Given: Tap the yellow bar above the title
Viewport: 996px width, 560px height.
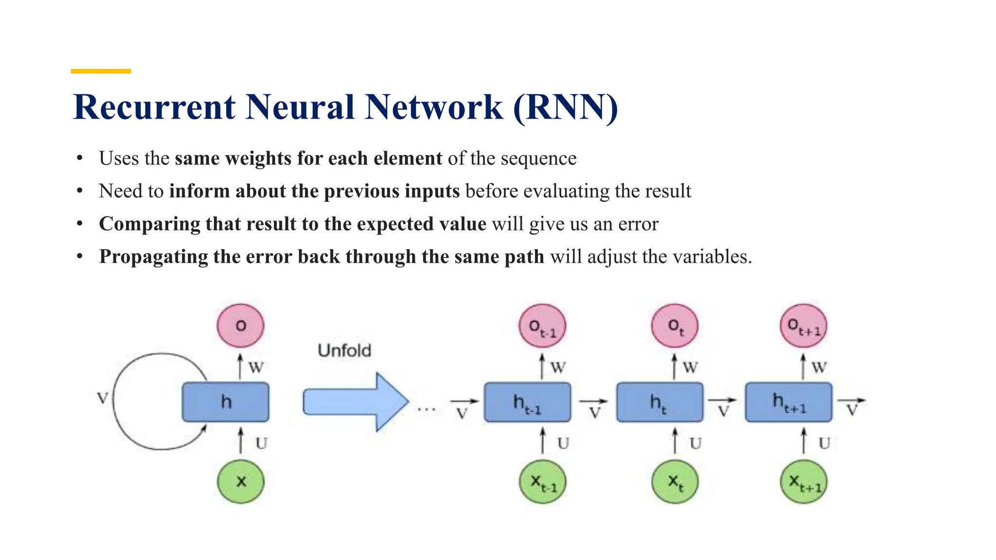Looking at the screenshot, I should [x=101, y=71].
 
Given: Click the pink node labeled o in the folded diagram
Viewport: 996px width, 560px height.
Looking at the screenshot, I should [x=240, y=326].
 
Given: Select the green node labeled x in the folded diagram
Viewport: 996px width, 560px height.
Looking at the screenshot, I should [x=240, y=481].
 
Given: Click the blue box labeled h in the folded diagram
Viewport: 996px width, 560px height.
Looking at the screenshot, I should [x=226, y=402].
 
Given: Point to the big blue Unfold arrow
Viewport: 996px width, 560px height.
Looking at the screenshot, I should [x=356, y=402].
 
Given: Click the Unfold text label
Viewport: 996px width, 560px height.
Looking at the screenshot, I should [x=344, y=350].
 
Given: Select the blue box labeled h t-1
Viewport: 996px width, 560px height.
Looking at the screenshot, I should [x=527, y=402].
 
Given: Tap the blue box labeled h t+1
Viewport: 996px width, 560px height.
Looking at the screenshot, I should [x=789, y=402].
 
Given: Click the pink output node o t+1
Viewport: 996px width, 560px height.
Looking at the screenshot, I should [x=803, y=326].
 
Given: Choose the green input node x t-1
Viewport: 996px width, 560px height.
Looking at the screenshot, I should [x=543, y=481].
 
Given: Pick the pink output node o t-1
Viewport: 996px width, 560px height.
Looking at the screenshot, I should [x=542, y=326].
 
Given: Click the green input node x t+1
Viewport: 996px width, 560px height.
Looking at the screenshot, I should [x=803, y=481].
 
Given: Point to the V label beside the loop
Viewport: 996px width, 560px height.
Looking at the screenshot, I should [x=102, y=398].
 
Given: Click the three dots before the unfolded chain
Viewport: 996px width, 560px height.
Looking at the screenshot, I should [x=427, y=409].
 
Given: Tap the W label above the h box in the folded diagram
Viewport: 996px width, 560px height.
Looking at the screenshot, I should [x=256, y=367].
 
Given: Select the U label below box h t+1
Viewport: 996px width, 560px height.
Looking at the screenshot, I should [x=824, y=443].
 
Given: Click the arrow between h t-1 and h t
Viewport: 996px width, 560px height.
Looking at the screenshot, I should [x=593, y=402].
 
